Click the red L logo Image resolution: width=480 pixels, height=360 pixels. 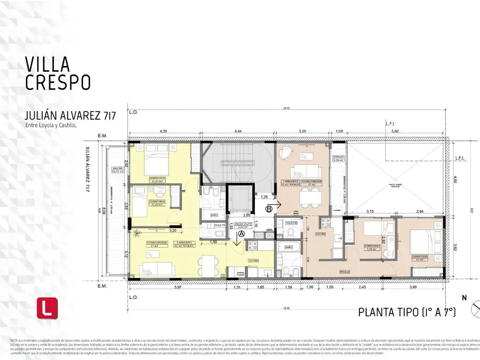(47, 308)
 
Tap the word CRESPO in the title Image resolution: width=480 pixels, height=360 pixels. (57, 82)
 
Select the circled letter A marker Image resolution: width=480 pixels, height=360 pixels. (241, 233)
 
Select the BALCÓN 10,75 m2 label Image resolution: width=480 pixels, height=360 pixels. (115, 170)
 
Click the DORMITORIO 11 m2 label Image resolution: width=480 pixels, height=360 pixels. (420, 257)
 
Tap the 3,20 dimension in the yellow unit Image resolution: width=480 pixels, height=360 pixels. (172, 231)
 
